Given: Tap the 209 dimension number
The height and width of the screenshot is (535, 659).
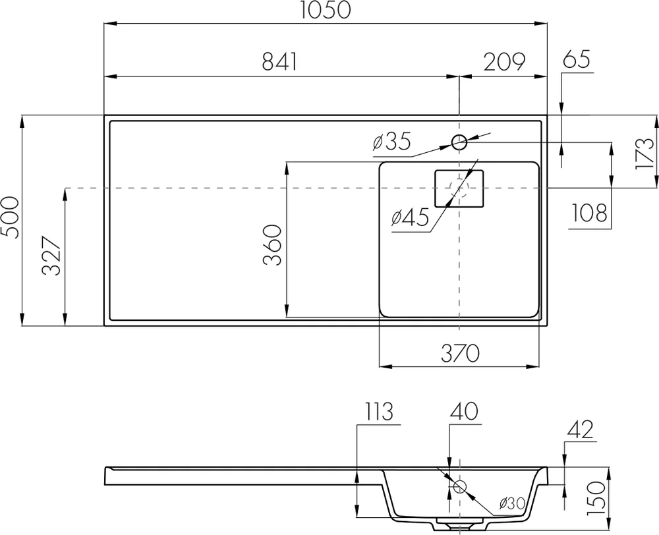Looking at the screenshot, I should pos(504,61).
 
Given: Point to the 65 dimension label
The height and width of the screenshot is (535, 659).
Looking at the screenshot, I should pos(577,59).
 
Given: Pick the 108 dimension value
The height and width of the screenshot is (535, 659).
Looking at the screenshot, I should pos(588,213).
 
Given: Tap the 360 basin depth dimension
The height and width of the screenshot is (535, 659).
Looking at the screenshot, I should pos(273,245).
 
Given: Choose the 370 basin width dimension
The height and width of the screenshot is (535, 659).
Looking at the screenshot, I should pos(459,353).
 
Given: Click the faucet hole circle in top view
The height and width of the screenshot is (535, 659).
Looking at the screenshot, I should pos(459,140).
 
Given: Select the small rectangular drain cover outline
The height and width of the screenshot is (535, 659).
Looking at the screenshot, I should pos(459,188).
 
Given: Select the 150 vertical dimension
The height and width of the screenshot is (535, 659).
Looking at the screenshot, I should pos(596,497).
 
